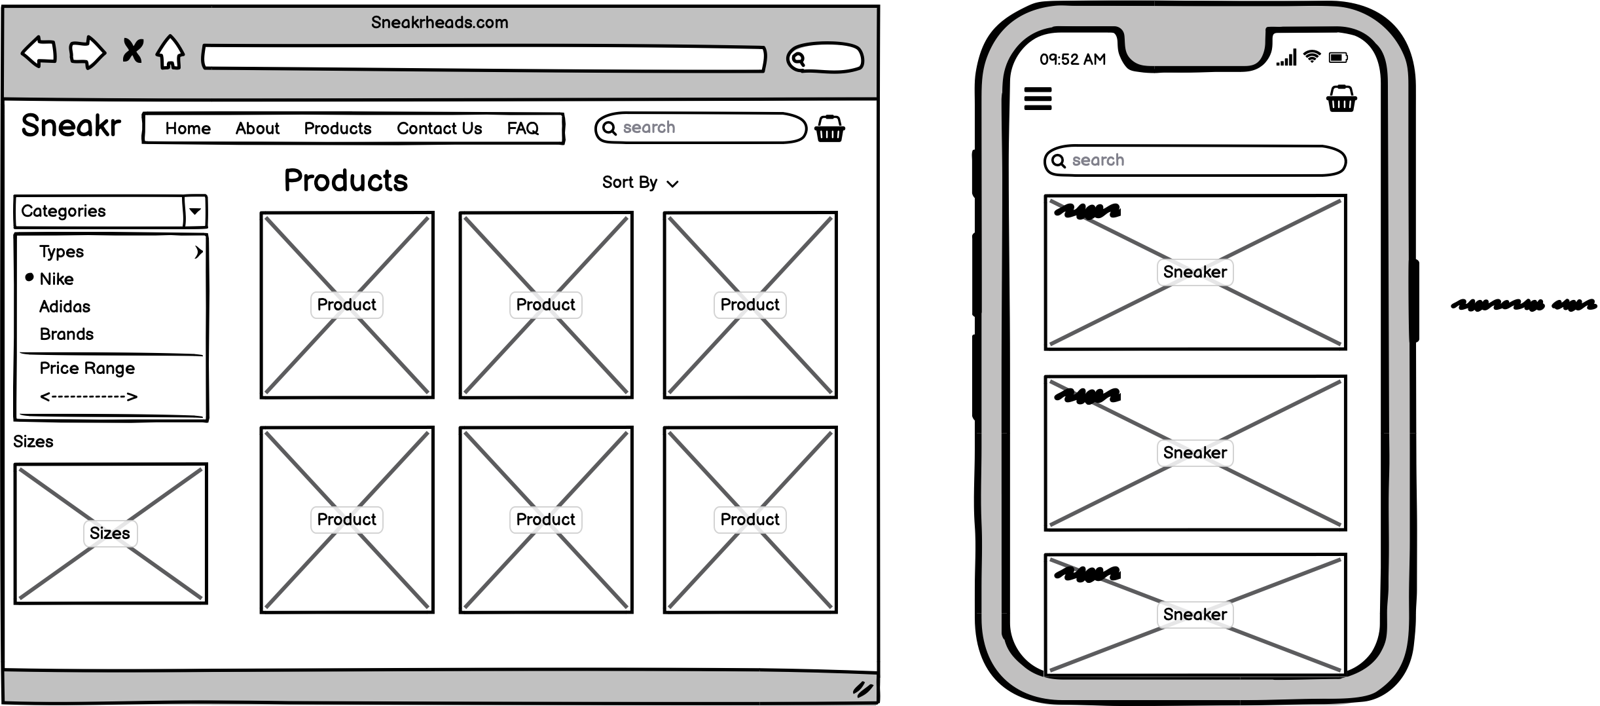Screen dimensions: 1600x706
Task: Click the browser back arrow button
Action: pos(39,52)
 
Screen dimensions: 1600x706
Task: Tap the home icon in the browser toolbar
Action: pos(170,52)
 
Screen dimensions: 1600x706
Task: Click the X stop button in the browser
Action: pos(133,51)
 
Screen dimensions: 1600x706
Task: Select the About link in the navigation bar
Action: pos(257,128)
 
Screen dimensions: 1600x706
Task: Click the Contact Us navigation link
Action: pos(439,128)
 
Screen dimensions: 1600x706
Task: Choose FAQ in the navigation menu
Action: pos(522,128)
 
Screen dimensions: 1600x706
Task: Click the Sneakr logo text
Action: pos(71,125)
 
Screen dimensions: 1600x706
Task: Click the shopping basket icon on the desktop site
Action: pos(829,129)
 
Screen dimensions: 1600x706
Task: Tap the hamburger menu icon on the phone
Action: pos(1038,99)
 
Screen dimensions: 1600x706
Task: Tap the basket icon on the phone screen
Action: pos(1341,100)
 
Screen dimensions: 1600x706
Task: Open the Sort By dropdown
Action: pos(640,183)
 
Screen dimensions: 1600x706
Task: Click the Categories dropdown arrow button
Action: pos(194,211)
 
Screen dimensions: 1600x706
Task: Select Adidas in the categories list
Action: pos(65,307)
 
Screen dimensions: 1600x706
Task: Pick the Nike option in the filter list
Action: pos(56,279)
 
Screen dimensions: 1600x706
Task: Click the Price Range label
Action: pos(87,368)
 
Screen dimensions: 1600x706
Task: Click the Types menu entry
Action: pos(62,251)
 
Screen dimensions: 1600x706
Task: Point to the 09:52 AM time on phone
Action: pos(1072,60)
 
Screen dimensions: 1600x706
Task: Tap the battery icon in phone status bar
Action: pos(1338,58)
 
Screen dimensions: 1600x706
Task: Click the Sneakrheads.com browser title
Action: pos(439,22)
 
